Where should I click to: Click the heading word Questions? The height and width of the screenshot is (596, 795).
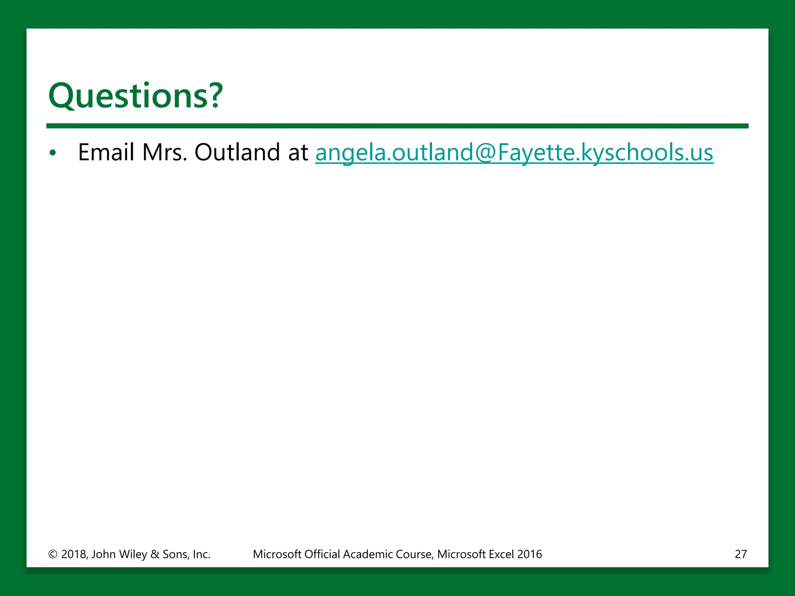[135, 96]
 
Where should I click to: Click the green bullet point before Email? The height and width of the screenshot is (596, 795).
[53, 153]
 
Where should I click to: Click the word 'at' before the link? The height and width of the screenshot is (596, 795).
[298, 152]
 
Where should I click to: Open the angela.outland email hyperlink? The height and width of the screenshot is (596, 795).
[514, 152]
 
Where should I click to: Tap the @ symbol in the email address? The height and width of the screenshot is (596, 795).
[485, 152]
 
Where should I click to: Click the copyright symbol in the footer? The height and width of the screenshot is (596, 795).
[53, 554]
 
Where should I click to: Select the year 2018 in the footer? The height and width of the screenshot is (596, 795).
[74, 554]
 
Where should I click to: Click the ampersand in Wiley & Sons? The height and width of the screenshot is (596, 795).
[155, 554]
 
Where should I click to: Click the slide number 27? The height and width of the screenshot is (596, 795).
[741, 554]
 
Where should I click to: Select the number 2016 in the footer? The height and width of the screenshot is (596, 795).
[529, 554]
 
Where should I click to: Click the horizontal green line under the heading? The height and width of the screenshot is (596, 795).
[397, 126]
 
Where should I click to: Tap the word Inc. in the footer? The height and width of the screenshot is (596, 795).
[201, 554]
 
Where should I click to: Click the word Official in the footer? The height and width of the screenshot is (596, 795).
[322, 554]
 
